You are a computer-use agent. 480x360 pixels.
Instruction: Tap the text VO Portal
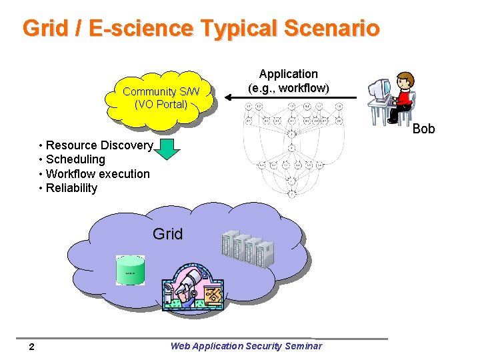coord(161,105)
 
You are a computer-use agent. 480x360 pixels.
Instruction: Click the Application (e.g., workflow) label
coord(288,81)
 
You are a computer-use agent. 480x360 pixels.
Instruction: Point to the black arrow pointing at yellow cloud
coord(293,98)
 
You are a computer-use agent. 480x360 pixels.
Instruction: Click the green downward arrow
coord(169,149)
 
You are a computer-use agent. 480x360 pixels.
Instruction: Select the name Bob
coord(423,129)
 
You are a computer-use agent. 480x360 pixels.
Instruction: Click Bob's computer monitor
coord(379,89)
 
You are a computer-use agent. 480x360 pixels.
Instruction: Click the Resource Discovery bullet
coord(99,145)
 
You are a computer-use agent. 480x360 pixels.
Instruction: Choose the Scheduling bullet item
coord(75,159)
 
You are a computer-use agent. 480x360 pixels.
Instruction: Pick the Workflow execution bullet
coord(97,174)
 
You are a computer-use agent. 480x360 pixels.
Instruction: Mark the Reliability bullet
coord(71,188)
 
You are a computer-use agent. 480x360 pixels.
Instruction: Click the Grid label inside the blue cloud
coord(167,234)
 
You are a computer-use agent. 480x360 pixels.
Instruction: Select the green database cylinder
coord(130,269)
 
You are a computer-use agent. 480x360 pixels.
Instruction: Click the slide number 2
coord(31,347)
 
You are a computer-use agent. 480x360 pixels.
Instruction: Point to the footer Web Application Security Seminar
coord(246,346)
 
